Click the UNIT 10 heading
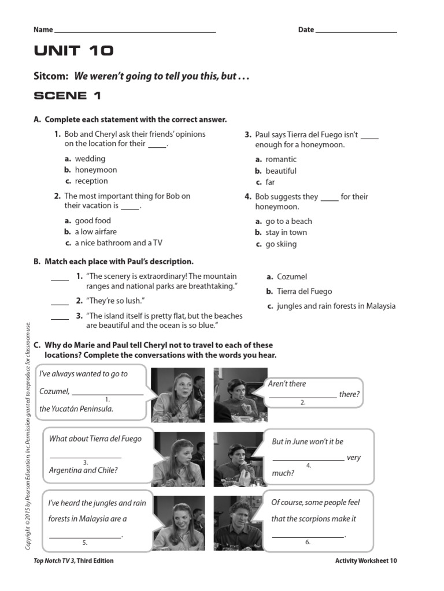click(74, 51)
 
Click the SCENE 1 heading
click(68, 96)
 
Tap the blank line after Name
click(135, 31)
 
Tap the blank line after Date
click(356, 31)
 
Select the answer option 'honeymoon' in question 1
click(95, 170)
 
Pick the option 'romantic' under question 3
click(281, 159)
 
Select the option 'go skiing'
click(281, 244)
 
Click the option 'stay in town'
click(286, 233)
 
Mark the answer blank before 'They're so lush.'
click(60, 302)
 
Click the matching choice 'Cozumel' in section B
click(292, 277)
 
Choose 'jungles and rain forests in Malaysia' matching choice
click(336, 306)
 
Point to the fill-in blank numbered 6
click(308, 536)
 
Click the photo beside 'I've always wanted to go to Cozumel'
click(177, 395)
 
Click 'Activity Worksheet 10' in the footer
click(365, 560)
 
